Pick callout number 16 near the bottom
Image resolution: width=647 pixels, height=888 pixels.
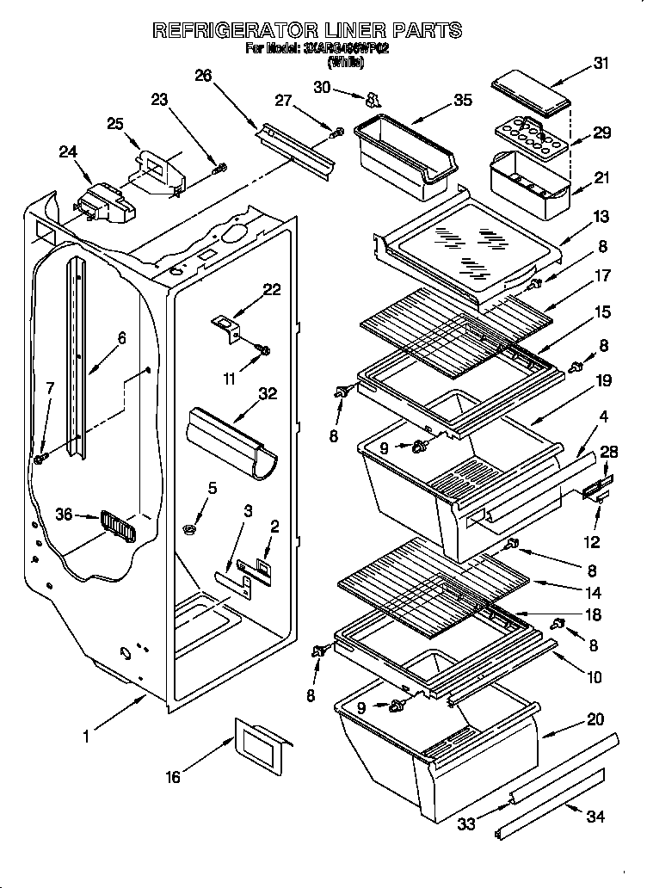click(173, 776)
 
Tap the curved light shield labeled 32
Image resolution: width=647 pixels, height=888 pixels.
click(230, 440)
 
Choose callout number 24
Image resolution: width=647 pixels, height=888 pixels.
click(68, 152)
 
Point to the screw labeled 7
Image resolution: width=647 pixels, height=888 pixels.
click(40, 459)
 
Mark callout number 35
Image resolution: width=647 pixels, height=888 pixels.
click(463, 100)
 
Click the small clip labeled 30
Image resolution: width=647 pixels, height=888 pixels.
click(373, 97)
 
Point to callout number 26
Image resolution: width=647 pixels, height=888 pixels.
click(203, 75)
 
